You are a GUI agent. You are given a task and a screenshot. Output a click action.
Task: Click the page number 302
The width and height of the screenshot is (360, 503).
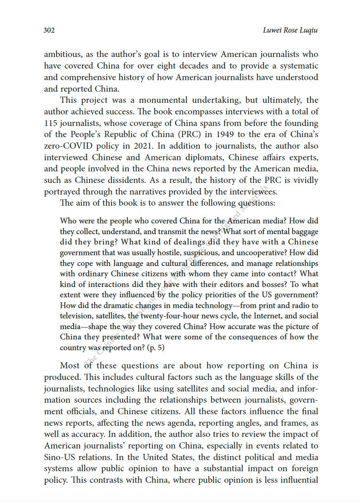(x=49, y=31)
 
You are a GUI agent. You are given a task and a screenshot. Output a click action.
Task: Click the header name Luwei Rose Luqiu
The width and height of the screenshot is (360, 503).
(x=290, y=31)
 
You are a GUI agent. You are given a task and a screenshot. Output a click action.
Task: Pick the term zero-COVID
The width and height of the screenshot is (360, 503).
(x=67, y=146)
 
